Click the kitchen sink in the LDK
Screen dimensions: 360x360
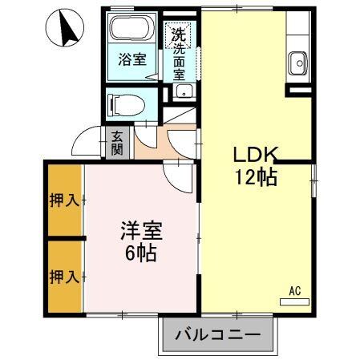(298, 61)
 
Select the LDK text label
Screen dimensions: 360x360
(255, 155)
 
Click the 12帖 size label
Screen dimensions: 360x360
(255, 177)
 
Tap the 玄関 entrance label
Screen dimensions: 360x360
(117, 144)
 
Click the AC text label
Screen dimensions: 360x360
(294, 292)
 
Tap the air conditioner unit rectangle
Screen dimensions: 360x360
(293, 302)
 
